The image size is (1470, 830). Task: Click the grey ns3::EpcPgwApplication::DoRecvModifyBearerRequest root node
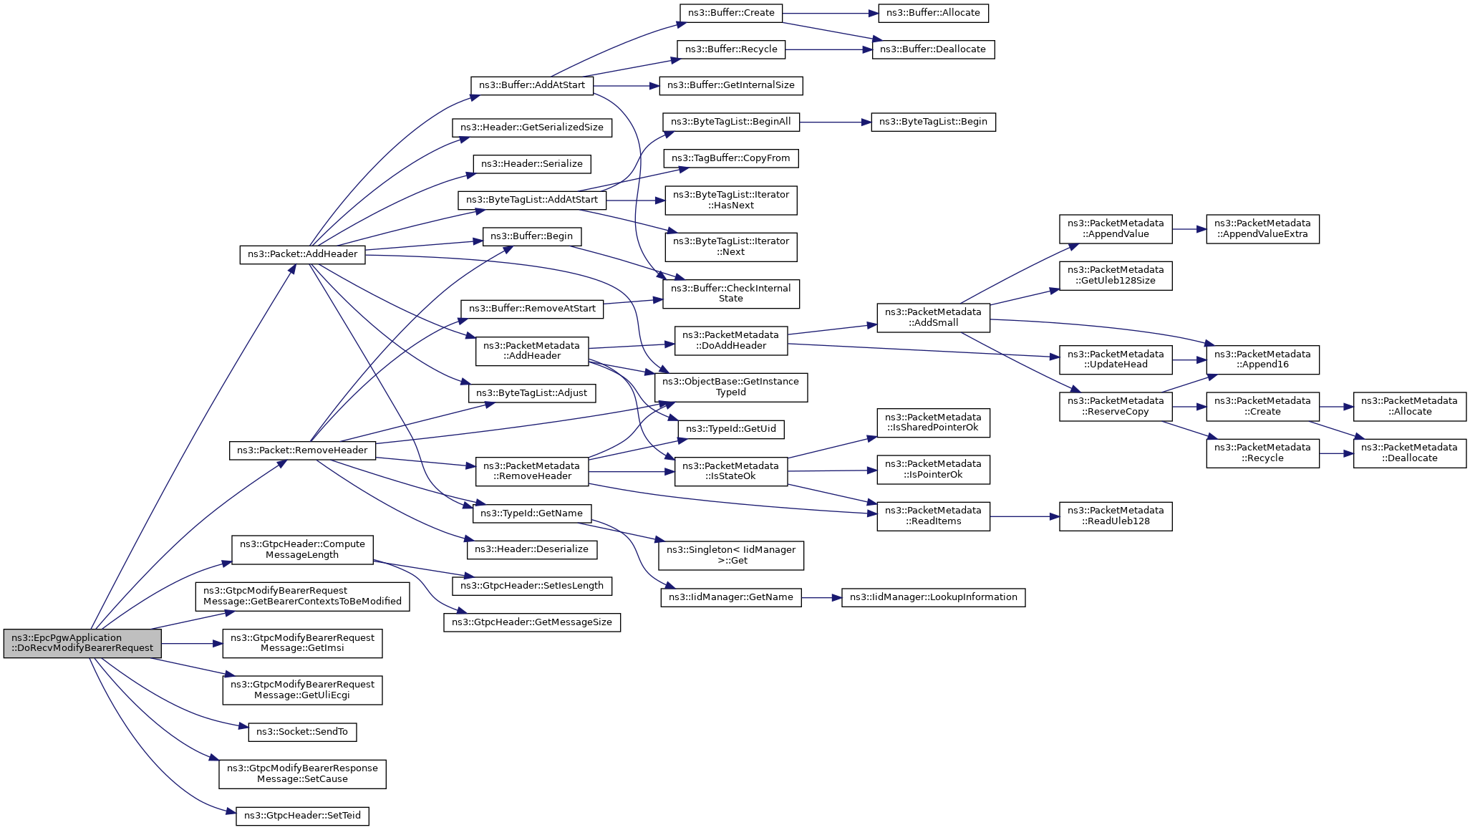click(82, 643)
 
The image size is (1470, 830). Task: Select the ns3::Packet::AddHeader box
click(302, 254)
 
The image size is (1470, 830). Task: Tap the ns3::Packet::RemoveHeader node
click(302, 450)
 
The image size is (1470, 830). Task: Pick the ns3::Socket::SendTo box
click(302, 732)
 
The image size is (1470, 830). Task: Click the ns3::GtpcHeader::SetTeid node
click(302, 816)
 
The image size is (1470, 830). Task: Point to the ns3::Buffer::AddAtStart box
click(532, 85)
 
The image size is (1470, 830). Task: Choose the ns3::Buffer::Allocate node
click(933, 13)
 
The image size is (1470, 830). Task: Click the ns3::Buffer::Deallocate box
click(933, 49)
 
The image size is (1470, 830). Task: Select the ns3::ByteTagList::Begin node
click(933, 122)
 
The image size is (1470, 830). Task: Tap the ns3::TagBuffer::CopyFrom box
click(731, 158)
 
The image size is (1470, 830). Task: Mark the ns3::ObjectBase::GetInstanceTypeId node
click(731, 387)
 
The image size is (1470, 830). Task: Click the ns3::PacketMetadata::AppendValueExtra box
click(1262, 229)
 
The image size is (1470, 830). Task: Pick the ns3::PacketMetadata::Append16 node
click(1262, 359)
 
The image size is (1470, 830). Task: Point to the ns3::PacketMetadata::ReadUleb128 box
click(1116, 516)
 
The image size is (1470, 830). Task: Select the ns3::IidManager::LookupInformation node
click(933, 597)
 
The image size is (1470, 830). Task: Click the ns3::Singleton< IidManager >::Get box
click(731, 556)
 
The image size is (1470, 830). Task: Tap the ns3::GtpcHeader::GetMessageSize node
click(532, 622)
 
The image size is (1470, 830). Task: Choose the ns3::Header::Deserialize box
click(532, 549)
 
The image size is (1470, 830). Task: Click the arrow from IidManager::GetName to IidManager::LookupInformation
click(822, 597)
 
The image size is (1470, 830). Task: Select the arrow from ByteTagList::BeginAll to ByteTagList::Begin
click(835, 122)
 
